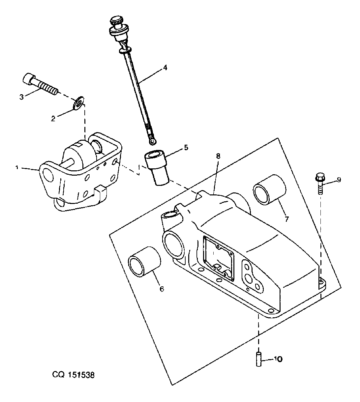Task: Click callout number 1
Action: pos(17,168)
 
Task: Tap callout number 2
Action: pos(53,119)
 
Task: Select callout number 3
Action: pos(21,97)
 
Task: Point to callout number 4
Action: pos(165,68)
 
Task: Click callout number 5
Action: pos(186,147)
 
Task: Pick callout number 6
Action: pos(162,289)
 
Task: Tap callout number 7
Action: pos(286,219)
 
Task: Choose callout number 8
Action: pos(218,156)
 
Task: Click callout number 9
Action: pos(339,180)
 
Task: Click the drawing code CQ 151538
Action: pos(74,375)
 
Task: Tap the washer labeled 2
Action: pos(78,103)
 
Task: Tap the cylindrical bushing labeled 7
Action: pos(270,190)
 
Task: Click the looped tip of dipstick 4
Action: pos(153,141)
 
